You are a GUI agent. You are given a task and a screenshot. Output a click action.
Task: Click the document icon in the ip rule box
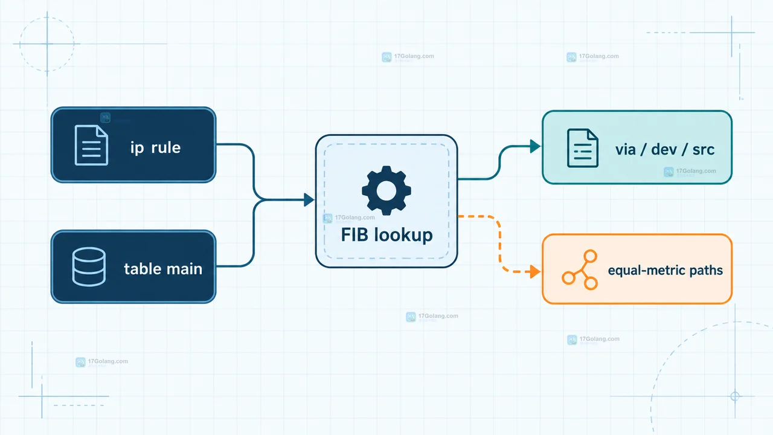(x=91, y=146)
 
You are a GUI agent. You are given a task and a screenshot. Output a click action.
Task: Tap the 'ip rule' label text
(x=155, y=148)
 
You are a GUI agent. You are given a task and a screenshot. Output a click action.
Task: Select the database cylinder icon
(x=89, y=266)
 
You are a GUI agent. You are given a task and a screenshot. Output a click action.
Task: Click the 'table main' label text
(x=163, y=269)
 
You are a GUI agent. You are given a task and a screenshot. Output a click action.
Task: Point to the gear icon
(x=386, y=190)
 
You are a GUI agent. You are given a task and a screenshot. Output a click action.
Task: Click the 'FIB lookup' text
(x=387, y=235)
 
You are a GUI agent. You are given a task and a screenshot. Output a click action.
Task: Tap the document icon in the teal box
(x=583, y=148)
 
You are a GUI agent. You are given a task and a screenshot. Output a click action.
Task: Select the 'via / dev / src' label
(x=665, y=149)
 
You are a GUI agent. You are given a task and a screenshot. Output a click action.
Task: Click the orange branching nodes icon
(x=580, y=270)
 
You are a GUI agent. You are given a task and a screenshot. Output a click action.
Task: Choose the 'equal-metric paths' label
(x=666, y=270)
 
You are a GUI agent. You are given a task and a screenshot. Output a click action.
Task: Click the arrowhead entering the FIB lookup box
(x=309, y=199)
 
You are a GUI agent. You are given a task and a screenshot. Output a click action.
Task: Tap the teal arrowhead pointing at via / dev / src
(x=535, y=146)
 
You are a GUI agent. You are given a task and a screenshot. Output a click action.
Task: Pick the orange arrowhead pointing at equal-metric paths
(x=535, y=272)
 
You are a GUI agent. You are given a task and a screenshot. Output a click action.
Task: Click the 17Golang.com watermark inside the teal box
(x=690, y=171)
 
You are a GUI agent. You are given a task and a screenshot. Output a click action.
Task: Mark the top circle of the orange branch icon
(x=591, y=256)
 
